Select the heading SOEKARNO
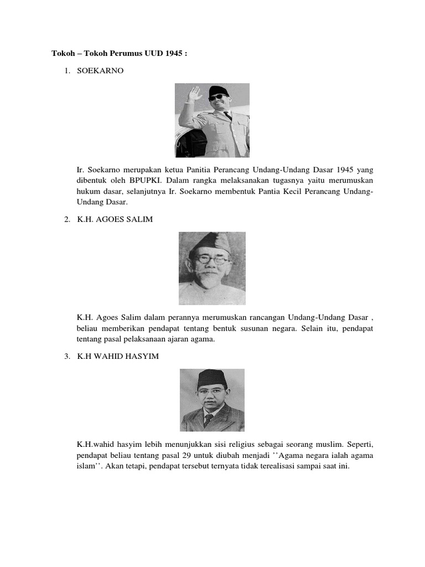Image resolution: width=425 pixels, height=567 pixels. coord(100,71)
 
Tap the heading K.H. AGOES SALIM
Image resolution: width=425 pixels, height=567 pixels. coord(115,219)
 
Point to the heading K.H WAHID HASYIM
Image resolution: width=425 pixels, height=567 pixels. coord(118,356)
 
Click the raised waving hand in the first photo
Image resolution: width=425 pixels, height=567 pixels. coord(194,94)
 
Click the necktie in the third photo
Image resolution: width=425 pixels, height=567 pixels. coord(209,419)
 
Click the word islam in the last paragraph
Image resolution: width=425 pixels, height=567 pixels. coord(87,466)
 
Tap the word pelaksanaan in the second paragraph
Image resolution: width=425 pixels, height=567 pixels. coord(147,339)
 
